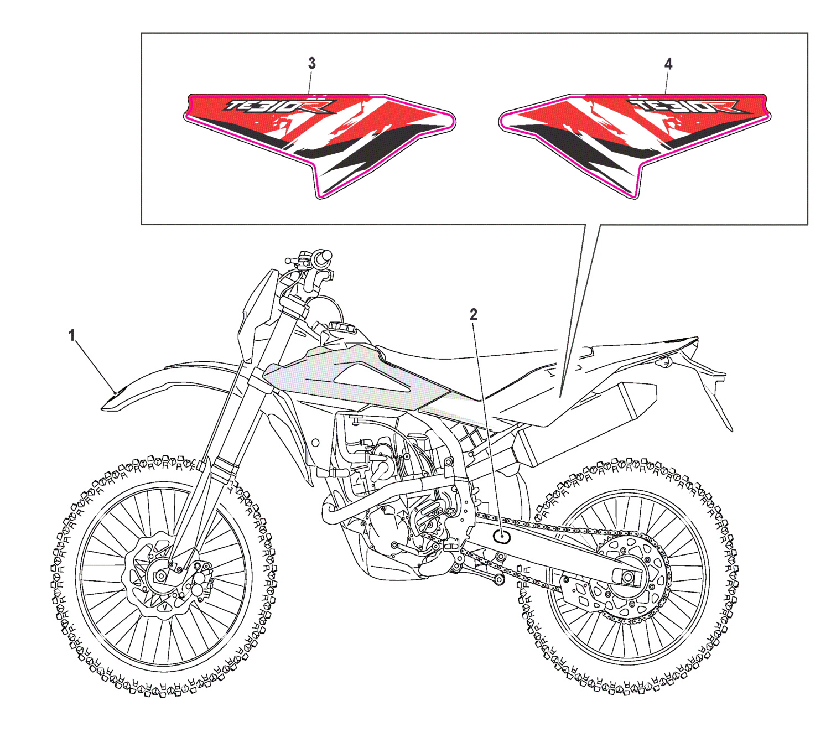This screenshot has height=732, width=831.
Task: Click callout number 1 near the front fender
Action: [71, 335]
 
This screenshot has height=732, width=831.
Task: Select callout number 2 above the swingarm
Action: [473, 315]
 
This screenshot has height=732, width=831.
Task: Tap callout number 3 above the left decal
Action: [311, 64]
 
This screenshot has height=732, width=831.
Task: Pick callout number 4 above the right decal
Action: [668, 64]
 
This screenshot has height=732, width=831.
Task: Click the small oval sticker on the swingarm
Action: [502, 536]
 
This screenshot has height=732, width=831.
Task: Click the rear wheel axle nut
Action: [627, 577]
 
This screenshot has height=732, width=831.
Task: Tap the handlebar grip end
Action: [326, 256]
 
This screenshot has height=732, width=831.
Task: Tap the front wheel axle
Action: [160, 577]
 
